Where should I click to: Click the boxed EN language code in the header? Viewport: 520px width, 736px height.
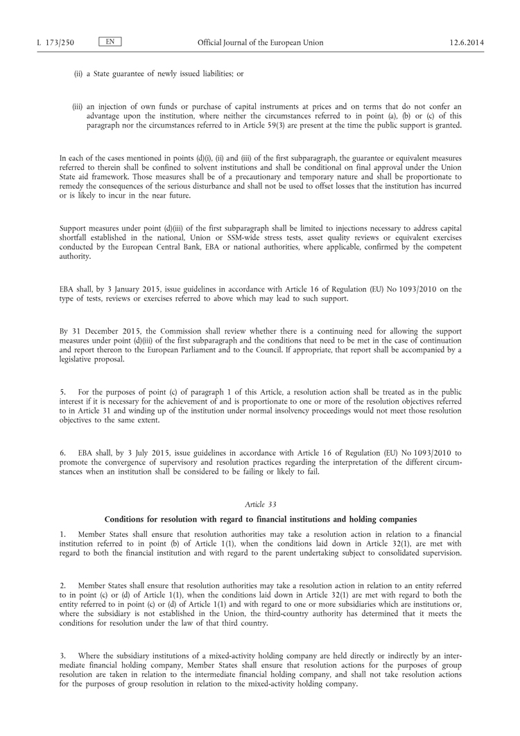pos(110,42)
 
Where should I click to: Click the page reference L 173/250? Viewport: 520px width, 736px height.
pos(55,43)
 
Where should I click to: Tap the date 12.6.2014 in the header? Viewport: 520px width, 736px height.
pos(466,43)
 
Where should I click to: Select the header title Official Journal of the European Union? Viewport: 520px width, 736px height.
pos(260,43)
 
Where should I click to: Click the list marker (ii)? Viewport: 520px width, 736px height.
pos(78,74)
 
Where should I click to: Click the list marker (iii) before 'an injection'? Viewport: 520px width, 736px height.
pos(78,106)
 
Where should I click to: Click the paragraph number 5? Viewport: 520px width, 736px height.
pos(63,392)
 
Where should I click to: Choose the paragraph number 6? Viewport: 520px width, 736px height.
pos(63,453)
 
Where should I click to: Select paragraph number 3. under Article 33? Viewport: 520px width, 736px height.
pos(63,656)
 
